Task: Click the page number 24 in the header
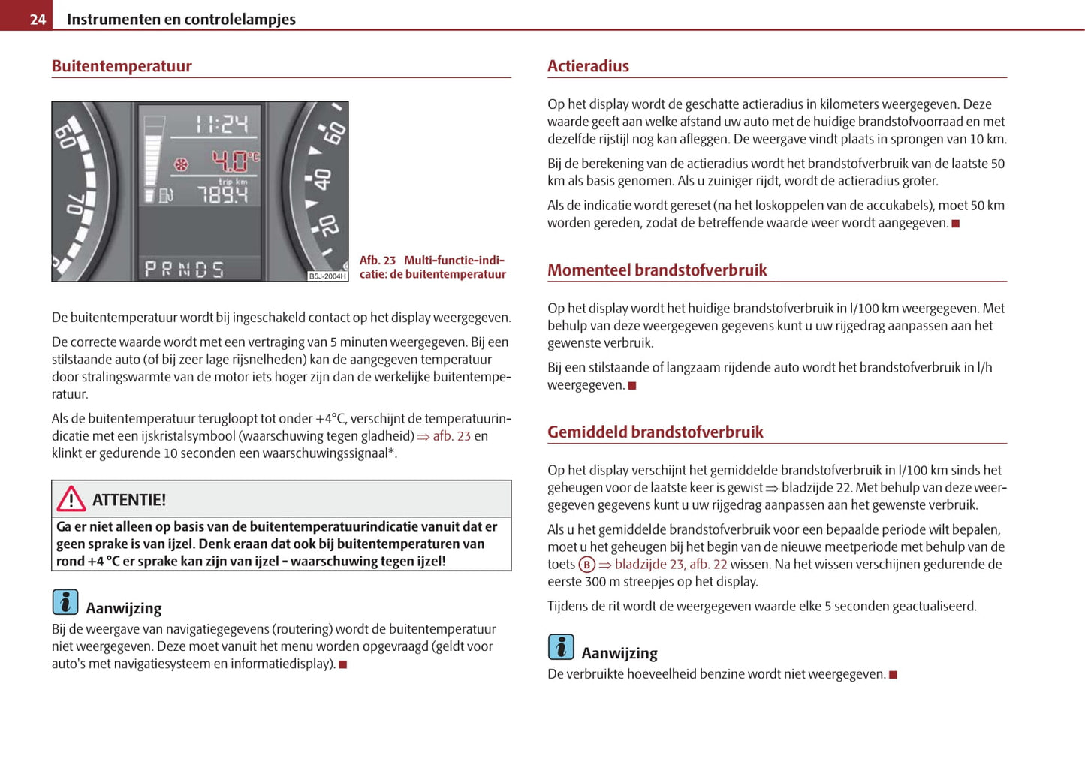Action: click(x=38, y=20)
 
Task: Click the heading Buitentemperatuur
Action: click(x=122, y=66)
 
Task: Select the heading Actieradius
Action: click(x=588, y=66)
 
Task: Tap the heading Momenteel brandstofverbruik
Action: click(x=657, y=270)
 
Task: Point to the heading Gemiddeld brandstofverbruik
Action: click(x=655, y=432)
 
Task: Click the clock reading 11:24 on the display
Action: click(x=222, y=124)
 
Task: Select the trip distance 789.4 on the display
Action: click(x=223, y=195)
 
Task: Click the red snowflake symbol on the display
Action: click(x=181, y=164)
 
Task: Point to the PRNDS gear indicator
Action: click(x=185, y=269)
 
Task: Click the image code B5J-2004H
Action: click(x=327, y=276)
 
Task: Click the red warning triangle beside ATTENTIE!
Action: click(x=71, y=499)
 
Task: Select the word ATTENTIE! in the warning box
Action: click(x=128, y=500)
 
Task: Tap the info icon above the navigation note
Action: click(x=65, y=602)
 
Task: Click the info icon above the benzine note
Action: click(x=561, y=647)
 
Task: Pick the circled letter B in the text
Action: click(x=586, y=565)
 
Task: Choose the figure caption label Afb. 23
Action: click(x=378, y=261)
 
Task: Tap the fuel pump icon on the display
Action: click(x=165, y=196)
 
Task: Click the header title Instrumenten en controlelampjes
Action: click(x=181, y=20)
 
